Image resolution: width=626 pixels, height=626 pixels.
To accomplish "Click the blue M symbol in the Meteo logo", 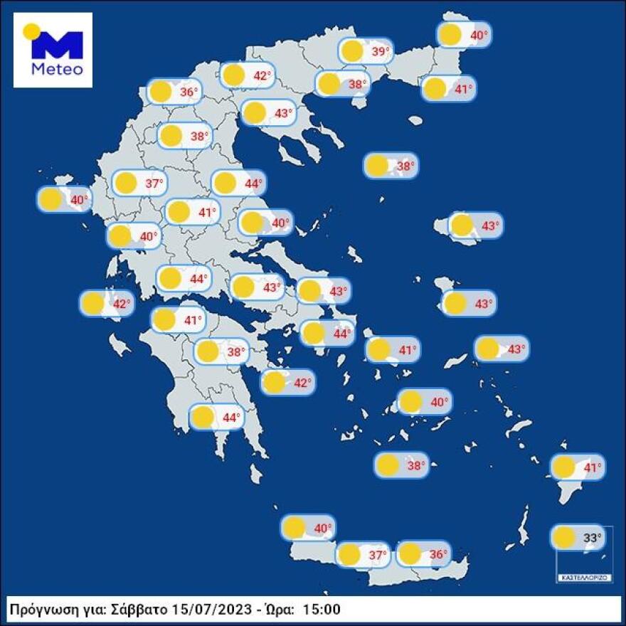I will click(58, 46).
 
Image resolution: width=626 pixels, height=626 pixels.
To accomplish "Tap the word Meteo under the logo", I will click(58, 70).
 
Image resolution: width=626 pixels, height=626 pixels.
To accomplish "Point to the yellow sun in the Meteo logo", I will click(31, 31).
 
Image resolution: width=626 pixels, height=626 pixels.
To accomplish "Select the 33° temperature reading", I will click(593, 537).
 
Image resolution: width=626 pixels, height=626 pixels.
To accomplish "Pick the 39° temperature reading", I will click(383, 51).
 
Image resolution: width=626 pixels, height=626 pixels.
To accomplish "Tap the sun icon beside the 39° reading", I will click(351, 51).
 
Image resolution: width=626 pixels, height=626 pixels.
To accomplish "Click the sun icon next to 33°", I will click(564, 537).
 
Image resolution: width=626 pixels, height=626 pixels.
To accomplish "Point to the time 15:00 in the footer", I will click(322, 609).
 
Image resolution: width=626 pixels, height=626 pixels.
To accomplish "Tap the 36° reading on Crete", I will click(438, 554).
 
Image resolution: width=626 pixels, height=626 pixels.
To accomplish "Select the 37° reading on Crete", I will click(377, 554).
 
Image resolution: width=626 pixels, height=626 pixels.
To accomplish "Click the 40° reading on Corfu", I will click(80, 200).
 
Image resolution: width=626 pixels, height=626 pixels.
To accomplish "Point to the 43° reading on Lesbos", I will click(491, 226).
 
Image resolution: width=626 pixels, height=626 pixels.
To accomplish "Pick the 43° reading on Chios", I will click(484, 304).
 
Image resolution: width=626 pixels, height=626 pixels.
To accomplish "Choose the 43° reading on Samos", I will click(516, 349).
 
